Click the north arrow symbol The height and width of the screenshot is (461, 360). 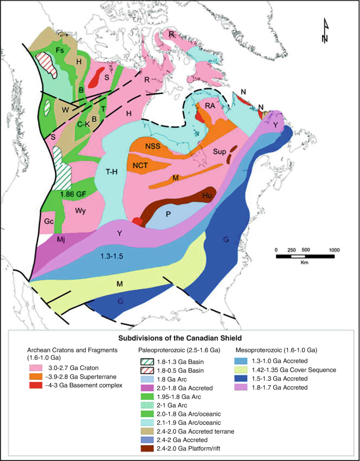[x=326, y=32]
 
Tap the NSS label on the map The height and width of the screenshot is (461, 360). [x=153, y=146]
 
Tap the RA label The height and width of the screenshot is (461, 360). [x=211, y=105]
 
